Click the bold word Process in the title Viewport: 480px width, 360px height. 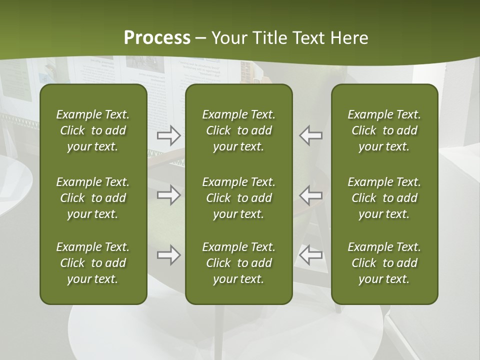pos(157,38)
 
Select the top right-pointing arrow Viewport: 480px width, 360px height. pos(168,135)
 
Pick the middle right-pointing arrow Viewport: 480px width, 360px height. pos(168,195)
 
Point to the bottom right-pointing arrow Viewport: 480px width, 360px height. pos(168,255)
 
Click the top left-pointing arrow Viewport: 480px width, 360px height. pos(310,135)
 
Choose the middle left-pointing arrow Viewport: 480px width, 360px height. pos(310,195)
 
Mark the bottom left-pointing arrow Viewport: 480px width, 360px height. pos(310,255)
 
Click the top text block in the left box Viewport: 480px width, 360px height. pos(93,130)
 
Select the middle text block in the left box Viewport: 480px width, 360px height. pos(93,198)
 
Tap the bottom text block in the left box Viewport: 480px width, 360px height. pos(93,263)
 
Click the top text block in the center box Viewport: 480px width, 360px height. pos(238,130)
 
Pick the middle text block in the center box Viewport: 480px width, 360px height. pos(238,198)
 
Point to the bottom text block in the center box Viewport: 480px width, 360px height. pos(238,263)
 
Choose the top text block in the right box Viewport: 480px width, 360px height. pos(384,130)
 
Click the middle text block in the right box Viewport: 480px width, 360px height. pos(384,198)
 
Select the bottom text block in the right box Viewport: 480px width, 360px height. pos(384,263)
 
